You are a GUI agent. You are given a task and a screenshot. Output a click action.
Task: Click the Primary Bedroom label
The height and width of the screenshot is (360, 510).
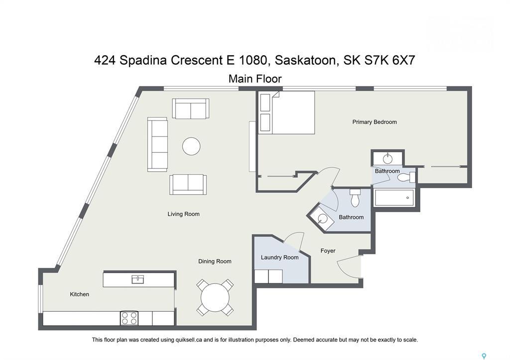coord(375,122)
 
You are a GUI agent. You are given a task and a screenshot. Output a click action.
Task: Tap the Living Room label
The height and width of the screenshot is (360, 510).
coord(183,214)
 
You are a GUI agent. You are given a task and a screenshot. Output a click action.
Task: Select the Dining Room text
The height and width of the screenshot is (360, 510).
coord(215,261)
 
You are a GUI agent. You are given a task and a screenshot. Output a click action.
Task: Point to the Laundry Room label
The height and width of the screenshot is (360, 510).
coord(279,257)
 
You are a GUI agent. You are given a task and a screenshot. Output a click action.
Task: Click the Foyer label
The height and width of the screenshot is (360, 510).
coord(328,251)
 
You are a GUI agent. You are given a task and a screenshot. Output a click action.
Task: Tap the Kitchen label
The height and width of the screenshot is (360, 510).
coord(79,294)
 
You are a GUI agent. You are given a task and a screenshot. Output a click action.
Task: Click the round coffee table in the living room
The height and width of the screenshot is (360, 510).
coord(191,146)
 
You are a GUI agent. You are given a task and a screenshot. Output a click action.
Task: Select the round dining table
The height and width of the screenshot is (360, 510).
coord(215,297)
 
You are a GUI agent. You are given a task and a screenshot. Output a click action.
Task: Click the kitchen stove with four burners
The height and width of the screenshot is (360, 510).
coord(129,318)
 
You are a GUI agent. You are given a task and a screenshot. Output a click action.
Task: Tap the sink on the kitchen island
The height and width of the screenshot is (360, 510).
coord(138,279)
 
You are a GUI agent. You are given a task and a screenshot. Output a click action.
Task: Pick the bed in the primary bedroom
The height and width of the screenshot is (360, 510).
coord(287,113)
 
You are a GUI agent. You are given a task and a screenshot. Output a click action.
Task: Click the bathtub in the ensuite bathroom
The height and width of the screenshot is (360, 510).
coord(394,198)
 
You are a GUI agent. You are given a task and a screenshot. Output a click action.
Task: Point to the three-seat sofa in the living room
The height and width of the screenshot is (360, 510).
coord(157,144)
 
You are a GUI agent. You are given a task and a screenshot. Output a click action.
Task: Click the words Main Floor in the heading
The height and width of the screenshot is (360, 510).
coord(255,79)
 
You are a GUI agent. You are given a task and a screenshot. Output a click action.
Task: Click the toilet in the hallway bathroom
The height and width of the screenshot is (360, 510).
coord(355,198)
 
